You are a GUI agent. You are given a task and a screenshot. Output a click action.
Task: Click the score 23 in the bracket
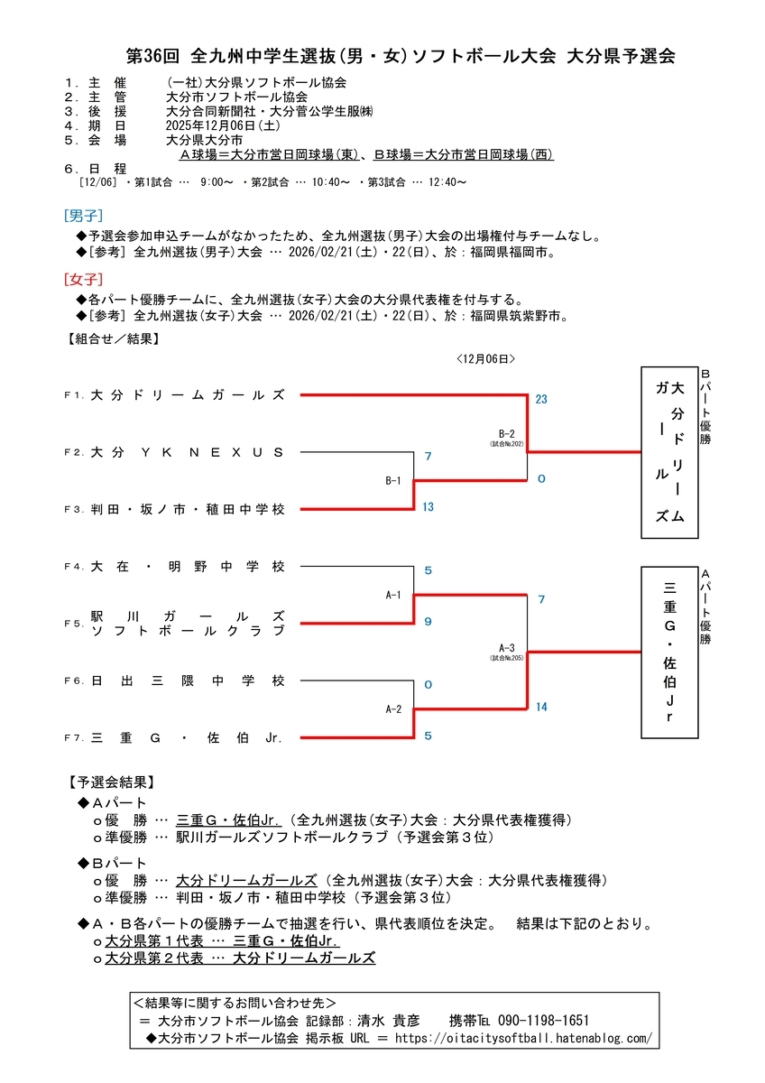click(541, 399)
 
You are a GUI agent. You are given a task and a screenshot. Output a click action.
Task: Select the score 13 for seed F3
click(428, 507)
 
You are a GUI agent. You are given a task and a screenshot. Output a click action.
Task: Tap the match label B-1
click(392, 481)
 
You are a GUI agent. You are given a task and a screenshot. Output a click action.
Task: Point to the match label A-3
click(507, 647)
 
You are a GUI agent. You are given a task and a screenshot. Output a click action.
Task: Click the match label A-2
click(392, 709)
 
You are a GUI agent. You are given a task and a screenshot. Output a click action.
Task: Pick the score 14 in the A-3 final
click(541, 707)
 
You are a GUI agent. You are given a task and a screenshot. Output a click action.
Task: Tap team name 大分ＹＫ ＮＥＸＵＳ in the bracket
click(188, 452)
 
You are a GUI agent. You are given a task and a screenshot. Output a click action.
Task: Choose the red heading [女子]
click(83, 279)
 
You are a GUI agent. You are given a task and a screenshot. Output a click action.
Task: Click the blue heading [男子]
click(83, 216)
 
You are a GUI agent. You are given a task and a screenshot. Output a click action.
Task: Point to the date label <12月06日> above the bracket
click(485, 358)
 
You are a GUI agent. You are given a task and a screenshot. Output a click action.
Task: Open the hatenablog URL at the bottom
click(523, 1039)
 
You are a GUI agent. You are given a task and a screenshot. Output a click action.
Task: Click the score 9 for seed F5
click(428, 621)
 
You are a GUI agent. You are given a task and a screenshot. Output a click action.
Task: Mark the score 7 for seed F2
click(428, 457)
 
